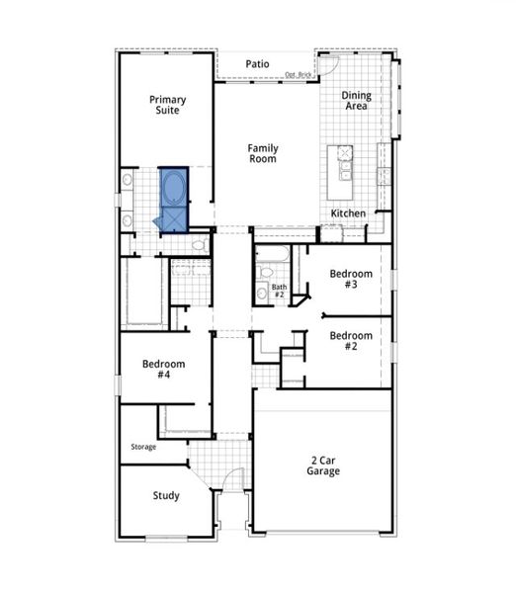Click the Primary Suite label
pyautogui.click(x=168, y=105)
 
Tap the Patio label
pyautogui.click(x=258, y=64)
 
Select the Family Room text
pyautogui.click(x=262, y=153)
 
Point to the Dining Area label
pyautogui.click(x=356, y=101)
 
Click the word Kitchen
pyautogui.click(x=348, y=213)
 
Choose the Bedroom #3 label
pyautogui.click(x=351, y=279)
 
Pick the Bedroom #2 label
pyautogui.click(x=351, y=340)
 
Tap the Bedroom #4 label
pyautogui.click(x=163, y=370)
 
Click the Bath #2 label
pyautogui.click(x=279, y=292)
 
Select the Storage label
pyautogui.click(x=143, y=447)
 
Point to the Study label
pyautogui.click(x=166, y=495)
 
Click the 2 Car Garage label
pyautogui.click(x=323, y=466)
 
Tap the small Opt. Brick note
pyautogui.click(x=299, y=75)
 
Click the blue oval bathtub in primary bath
pyautogui.click(x=174, y=186)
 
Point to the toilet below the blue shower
pyautogui.click(x=200, y=243)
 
